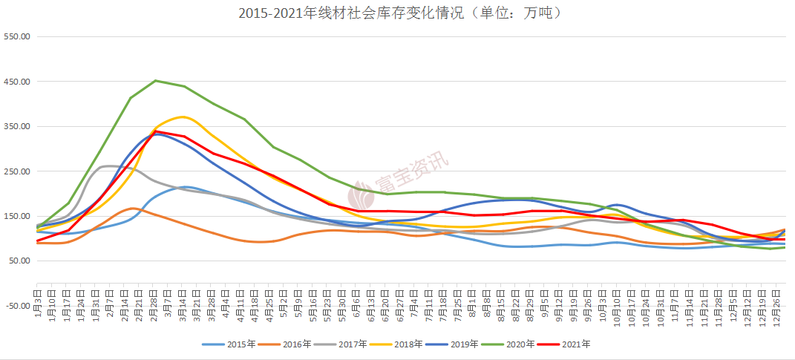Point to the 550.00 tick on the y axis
point(16,36)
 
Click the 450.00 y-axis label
point(16,82)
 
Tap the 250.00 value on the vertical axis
point(16,171)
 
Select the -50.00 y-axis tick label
point(16,305)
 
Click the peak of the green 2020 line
point(155,80)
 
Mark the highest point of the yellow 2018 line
point(183,117)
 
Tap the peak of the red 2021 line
point(155,131)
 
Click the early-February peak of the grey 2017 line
point(110,166)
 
